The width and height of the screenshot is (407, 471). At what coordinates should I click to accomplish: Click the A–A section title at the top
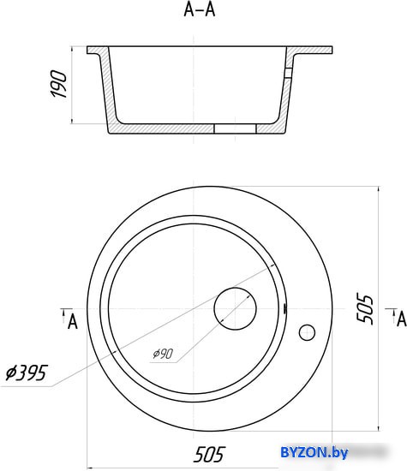point(200,9)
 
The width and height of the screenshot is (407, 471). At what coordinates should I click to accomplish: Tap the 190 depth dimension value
point(59,84)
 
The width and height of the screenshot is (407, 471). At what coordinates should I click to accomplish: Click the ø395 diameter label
point(27,373)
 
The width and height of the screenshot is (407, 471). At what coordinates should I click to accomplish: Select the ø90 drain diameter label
point(163,354)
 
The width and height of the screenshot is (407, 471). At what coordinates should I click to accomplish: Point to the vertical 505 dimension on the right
point(365,308)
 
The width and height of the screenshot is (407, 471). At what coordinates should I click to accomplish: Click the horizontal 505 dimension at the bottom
point(209,455)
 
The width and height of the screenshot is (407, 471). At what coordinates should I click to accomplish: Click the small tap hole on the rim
point(307,332)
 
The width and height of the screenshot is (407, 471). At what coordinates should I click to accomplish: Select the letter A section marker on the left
point(73,322)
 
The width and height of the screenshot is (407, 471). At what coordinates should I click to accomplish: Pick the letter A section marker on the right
point(402,319)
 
